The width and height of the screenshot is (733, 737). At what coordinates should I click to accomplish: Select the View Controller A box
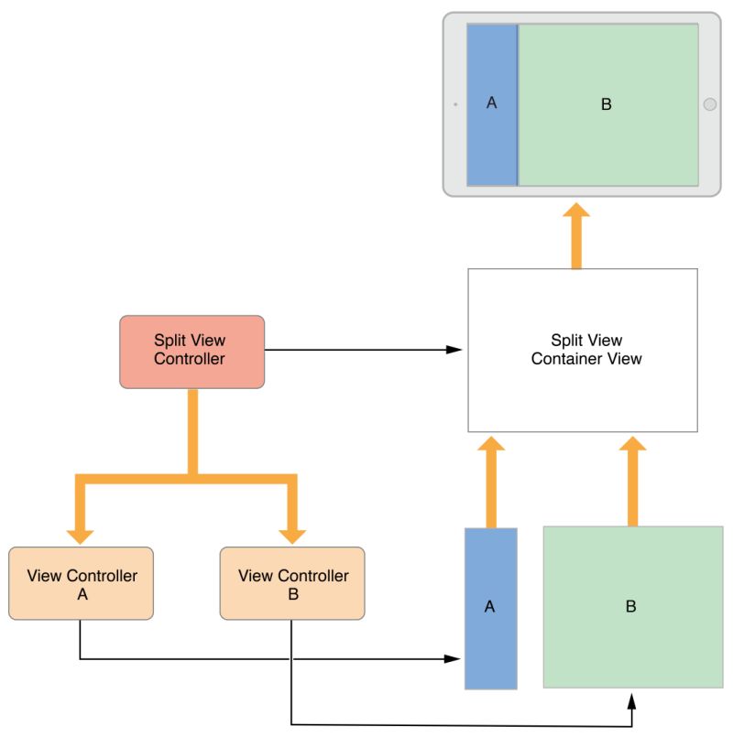coord(82,583)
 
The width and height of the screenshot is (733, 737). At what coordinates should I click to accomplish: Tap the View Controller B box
coord(292,583)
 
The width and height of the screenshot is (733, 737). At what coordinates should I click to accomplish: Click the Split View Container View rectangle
coord(583,350)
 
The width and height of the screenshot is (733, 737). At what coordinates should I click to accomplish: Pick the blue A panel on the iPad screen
coord(492,104)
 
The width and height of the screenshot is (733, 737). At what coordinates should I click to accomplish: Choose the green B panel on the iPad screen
coord(607,104)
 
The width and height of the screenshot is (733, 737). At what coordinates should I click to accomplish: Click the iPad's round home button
coord(710,104)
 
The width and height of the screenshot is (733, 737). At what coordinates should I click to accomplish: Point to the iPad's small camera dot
coord(455,104)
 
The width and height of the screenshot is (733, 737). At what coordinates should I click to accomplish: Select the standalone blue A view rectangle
coord(490,608)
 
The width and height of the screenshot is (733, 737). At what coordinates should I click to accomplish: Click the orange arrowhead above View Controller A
coord(82,533)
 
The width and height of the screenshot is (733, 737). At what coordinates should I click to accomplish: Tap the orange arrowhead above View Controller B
coord(292,533)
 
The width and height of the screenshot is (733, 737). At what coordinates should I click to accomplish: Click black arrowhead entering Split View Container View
coord(454,350)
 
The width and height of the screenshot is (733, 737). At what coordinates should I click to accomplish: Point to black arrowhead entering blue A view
coord(453,658)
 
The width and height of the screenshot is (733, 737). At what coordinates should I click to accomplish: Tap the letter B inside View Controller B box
coord(292,592)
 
